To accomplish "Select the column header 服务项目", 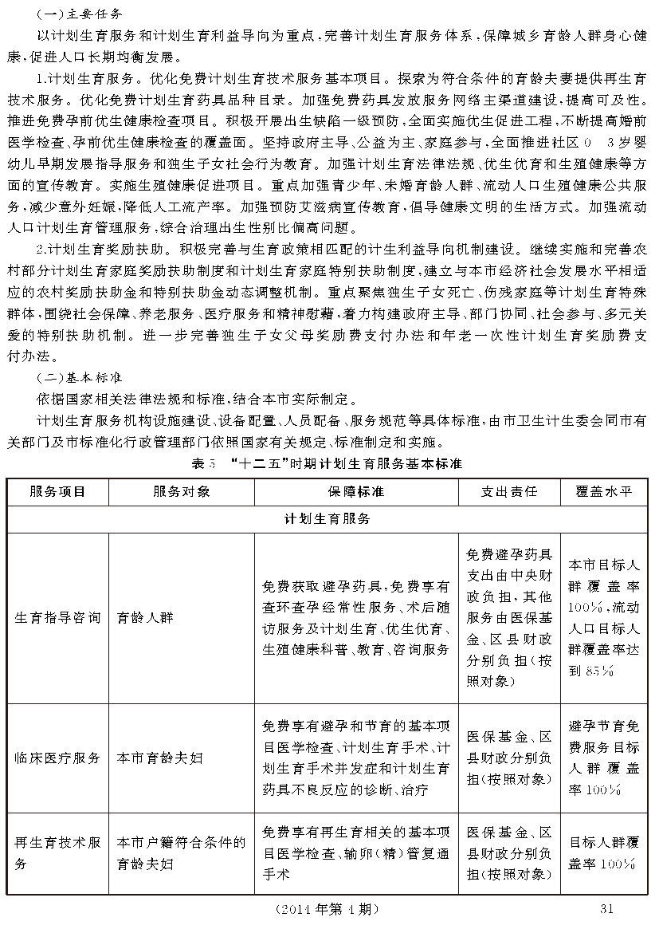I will [x=57, y=491].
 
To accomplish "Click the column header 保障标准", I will [x=356, y=491].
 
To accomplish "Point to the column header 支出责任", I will [x=509, y=491].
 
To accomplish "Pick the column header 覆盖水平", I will [x=603, y=491].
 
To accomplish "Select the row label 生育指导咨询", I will [x=57, y=617].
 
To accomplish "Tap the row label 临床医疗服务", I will [x=57, y=758].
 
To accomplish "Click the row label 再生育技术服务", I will [x=57, y=852].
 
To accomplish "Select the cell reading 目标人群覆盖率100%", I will [x=603, y=852].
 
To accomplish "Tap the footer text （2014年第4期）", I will [x=326, y=909].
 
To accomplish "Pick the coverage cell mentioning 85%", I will [x=603, y=617].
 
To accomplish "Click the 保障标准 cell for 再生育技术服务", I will [x=356, y=852].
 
